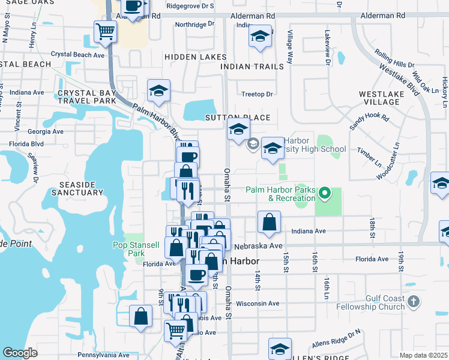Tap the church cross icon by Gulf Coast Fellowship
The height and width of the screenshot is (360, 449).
413,301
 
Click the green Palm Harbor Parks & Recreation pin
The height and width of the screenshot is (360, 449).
325,193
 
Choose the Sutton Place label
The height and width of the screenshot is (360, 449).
238,118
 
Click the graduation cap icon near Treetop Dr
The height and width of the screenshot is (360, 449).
159,91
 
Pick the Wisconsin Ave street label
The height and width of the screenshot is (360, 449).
258,304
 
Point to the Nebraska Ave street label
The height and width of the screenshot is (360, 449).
259,246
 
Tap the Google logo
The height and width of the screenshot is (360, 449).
20,353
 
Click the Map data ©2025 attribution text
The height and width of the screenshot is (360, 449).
423,355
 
